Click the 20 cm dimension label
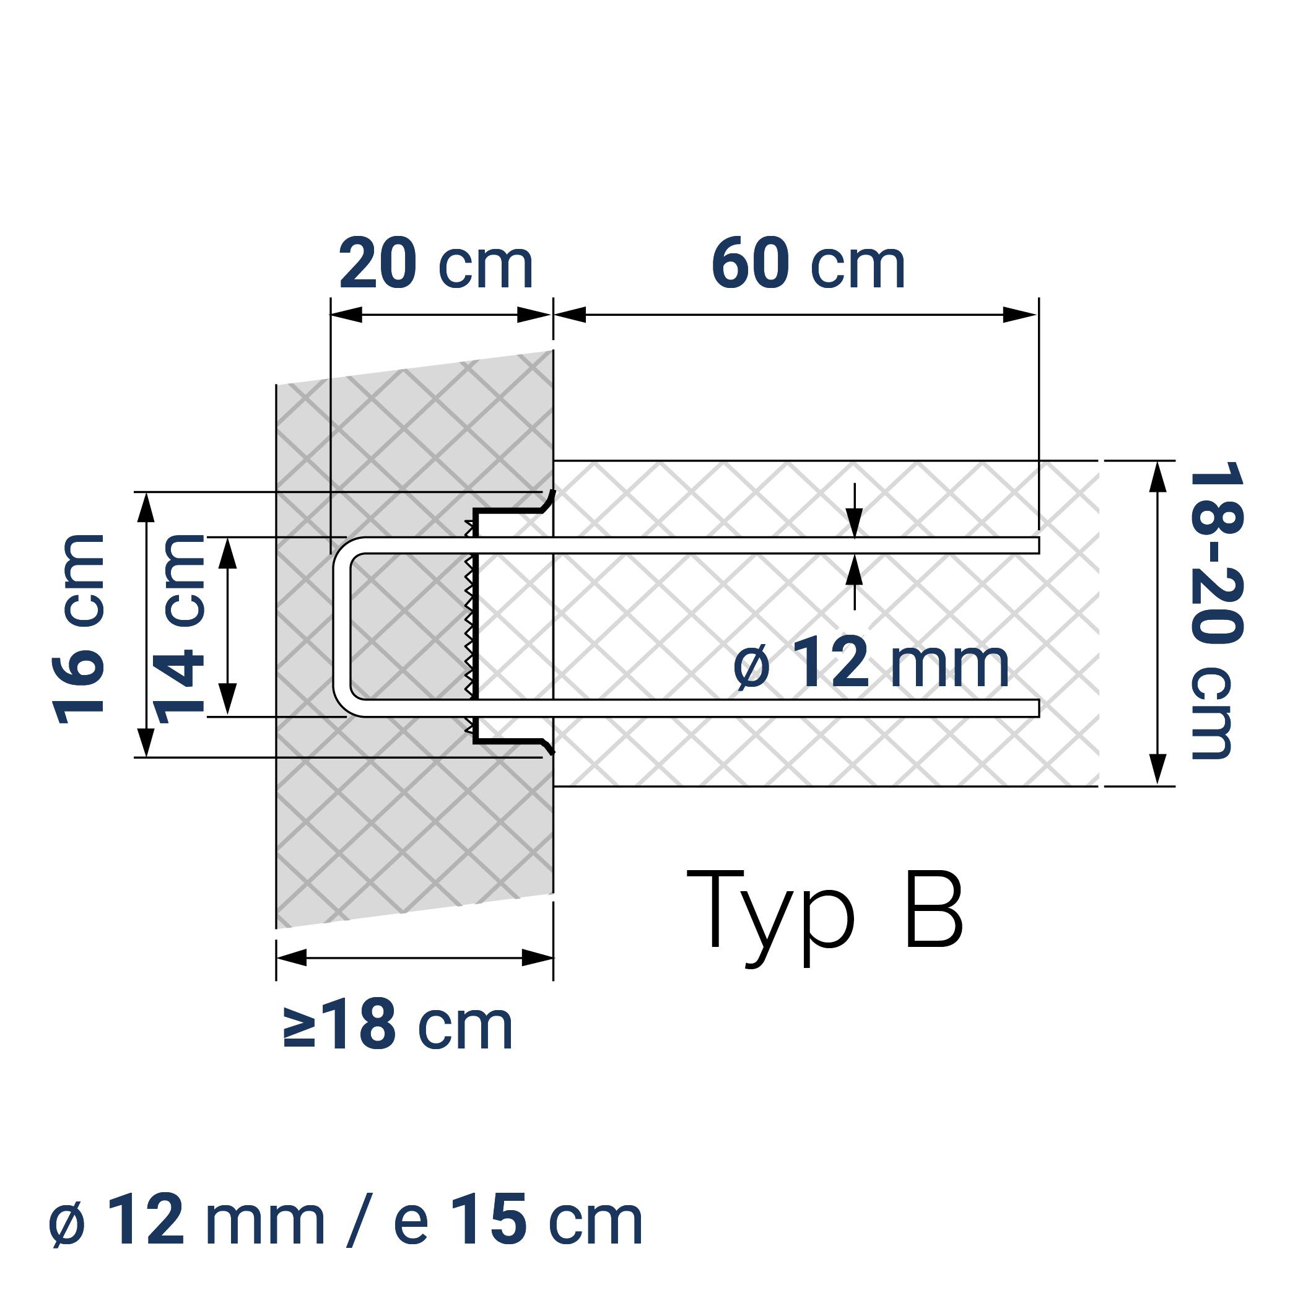pos(435,265)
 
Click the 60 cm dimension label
pos(808,265)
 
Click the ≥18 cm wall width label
pos(398,1026)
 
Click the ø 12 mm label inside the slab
pos(871,664)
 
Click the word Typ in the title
pos(770,915)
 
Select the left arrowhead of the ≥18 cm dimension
pos(291,957)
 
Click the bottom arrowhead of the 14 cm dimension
pos(228,700)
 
